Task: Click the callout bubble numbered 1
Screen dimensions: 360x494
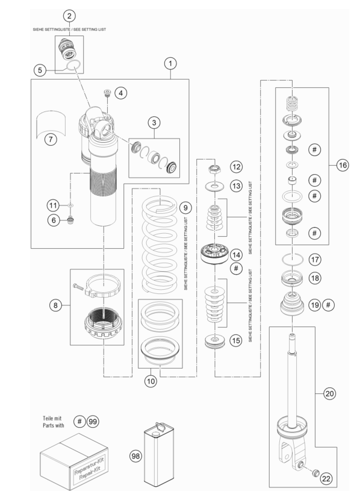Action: tap(170, 64)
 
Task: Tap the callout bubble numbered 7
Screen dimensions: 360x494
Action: tap(51, 139)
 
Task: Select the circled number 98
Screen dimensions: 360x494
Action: tap(135, 456)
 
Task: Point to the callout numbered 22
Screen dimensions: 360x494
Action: tap(326, 478)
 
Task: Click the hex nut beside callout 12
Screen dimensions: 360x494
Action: tap(214, 169)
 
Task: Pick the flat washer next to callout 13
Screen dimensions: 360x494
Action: tap(214, 186)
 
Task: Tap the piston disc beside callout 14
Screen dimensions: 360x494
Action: tap(214, 254)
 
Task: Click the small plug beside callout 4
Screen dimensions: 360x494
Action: tap(108, 92)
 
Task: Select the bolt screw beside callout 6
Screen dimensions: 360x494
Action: tap(71, 220)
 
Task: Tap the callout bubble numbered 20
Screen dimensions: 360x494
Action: tap(329, 393)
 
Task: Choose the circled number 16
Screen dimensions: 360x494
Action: tap(343, 165)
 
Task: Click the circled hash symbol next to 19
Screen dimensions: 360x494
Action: tap(329, 305)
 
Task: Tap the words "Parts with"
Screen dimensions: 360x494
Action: tap(54, 425)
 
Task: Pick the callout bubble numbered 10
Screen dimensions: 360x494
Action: tap(151, 381)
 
